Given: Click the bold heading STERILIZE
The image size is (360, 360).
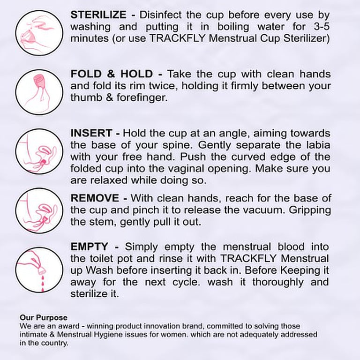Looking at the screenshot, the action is pos(98,15).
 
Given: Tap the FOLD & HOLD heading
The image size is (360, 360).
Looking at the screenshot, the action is pos(112,74).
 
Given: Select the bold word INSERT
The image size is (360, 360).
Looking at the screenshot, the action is pos(91,133).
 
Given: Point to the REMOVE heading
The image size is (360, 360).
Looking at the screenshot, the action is pos(95,198).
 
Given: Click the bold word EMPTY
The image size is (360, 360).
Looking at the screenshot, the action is pos(89,247).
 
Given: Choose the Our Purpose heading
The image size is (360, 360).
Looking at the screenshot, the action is pos(44,317).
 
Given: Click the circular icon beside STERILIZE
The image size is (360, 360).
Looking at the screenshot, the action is pos(39,33).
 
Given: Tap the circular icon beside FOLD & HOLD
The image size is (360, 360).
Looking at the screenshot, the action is pos(39,92).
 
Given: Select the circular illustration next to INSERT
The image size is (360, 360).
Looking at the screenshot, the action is pos(39,151).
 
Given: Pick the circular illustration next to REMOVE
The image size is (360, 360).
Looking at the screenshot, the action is pos(39,210).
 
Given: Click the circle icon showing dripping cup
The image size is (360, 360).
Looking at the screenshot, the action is pos(39,270).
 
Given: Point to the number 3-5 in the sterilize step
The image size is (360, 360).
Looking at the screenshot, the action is pos(322,27).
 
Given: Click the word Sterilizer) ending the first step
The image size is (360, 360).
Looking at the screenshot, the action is pos(307,38).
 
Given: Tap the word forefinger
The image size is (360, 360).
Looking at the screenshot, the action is pos(142,97).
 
